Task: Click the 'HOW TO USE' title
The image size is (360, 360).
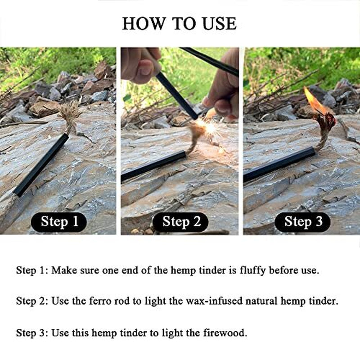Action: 179,23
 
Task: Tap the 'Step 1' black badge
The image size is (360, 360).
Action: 59,222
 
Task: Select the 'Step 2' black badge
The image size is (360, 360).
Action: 180,222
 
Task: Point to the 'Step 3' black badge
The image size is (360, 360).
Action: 302,222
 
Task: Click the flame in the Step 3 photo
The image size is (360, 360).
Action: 314,101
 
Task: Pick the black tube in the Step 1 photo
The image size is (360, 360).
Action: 41,165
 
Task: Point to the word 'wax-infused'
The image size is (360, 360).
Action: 214,301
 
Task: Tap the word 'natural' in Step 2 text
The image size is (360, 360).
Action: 261,301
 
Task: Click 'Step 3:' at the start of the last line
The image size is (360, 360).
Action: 32,333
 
